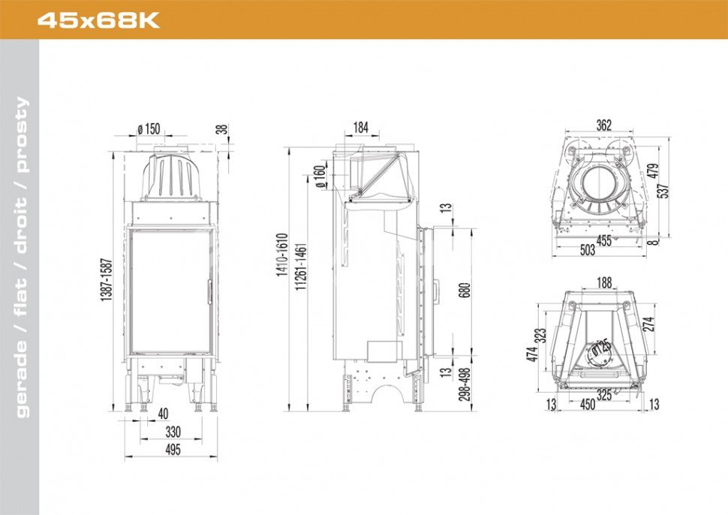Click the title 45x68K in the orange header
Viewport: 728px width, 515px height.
pos(98,20)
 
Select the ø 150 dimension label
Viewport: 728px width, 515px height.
pos(149,128)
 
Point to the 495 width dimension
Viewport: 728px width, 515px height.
pos(172,450)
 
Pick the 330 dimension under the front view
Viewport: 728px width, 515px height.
pos(173,432)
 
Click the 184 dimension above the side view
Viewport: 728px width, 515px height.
pos(361,128)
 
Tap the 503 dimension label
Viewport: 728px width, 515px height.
pos(588,251)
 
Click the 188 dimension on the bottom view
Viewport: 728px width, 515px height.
pos(604,282)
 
